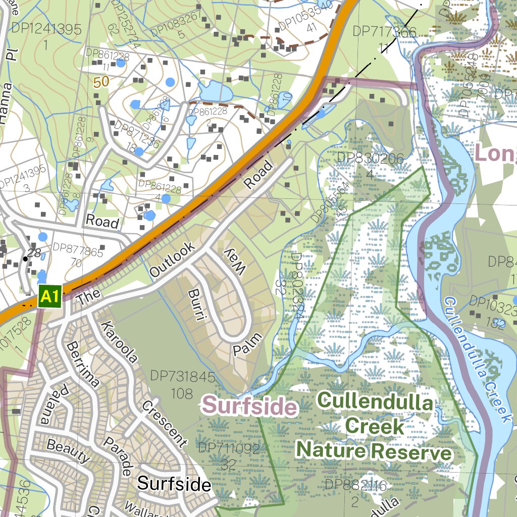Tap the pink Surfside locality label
pos(248,405)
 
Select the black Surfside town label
pos(174,484)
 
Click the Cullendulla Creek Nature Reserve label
pos(375,427)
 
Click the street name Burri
pos(197,305)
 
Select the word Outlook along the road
pos(172,260)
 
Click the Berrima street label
pos(83,364)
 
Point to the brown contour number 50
pos(101,82)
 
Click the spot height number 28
pos(34,252)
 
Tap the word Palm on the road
pos(248,344)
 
